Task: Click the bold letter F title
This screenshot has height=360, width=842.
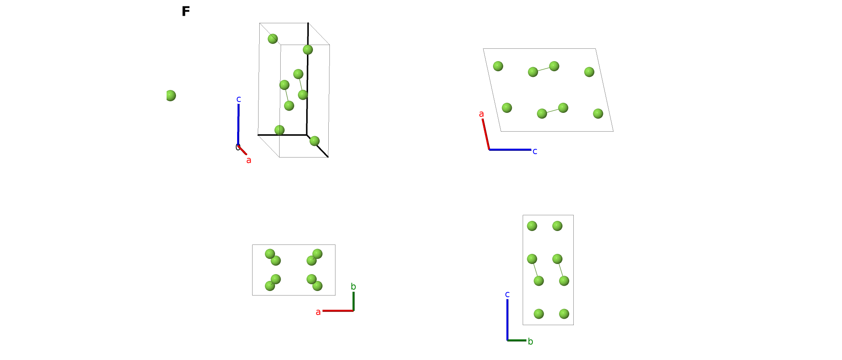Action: click(x=186, y=11)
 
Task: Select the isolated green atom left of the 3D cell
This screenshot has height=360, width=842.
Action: click(x=171, y=96)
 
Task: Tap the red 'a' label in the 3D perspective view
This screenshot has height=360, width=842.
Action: click(x=249, y=160)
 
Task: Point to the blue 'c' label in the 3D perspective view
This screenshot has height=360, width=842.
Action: click(x=239, y=99)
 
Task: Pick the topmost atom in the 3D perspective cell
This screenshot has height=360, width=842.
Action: click(x=273, y=39)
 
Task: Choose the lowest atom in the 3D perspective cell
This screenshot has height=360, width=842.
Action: click(x=314, y=141)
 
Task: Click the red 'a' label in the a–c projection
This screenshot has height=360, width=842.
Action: click(x=481, y=114)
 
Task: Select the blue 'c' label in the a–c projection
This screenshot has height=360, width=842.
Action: click(x=535, y=151)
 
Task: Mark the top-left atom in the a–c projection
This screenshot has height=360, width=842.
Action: click(x=498, y=66)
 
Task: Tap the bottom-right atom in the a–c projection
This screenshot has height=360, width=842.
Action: click(x=598, y=113)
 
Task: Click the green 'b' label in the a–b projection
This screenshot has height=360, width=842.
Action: click(x=353, y=286)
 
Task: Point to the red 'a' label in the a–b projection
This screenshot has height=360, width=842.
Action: click(x=318, y=312)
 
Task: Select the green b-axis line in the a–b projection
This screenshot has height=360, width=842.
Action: click(x=353, y=301)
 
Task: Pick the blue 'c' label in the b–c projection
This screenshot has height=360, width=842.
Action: click(x=507, y=294)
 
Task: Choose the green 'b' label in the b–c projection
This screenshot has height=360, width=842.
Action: click(x=531, y=341)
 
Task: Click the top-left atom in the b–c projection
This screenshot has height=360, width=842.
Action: click(x=532, y=226)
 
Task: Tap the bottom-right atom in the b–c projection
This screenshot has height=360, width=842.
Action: click(x=564, y=313)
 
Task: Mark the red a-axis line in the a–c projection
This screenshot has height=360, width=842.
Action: click(x=486, y=134)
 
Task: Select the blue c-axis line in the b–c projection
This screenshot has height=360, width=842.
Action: click(x=507, y=320)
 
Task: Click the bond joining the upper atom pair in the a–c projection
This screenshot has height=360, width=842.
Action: click(x=543, y=69)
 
